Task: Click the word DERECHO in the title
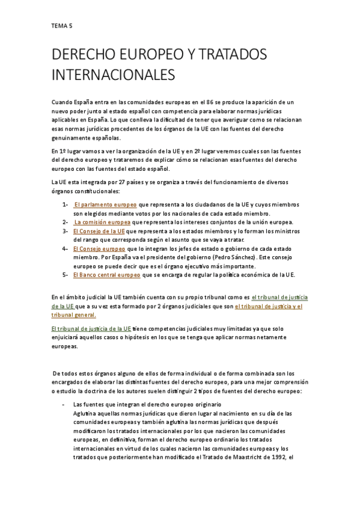pyautogui.click(x=86, y=55)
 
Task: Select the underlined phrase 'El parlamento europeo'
pyautogui.click(x=105, y=204)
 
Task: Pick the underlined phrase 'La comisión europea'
pyautogui.click(x=102, y=222)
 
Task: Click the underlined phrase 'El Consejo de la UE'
pyautogui.click(x=99, y=231)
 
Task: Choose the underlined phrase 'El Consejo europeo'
pyautogui.click(x=99, y=248)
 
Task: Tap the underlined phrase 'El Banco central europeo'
pyautogui.click(x=106, y=275)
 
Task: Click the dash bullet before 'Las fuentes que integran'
pyautogui.click(x=64, y=404)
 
